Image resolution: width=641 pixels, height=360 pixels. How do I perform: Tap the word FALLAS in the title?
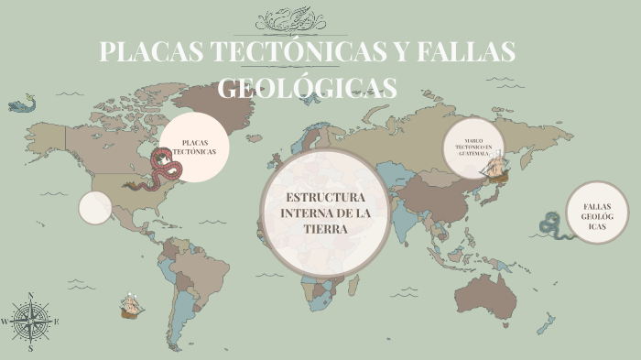[466, 52]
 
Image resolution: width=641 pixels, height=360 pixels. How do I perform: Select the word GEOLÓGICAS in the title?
[308, 87]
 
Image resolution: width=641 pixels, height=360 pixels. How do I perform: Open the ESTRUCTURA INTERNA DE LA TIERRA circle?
[325, 213]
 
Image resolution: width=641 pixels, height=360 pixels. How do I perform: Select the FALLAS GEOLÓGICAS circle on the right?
[598, 213]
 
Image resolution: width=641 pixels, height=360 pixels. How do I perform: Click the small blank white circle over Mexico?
[94, 208]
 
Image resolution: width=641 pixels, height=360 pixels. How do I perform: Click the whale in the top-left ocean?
[22, 104]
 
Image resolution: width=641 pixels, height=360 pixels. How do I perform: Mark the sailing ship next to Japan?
[498, 168]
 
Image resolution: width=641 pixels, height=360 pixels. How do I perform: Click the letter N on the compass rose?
[31, 296]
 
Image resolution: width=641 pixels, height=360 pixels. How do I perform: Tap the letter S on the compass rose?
[31, 348]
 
